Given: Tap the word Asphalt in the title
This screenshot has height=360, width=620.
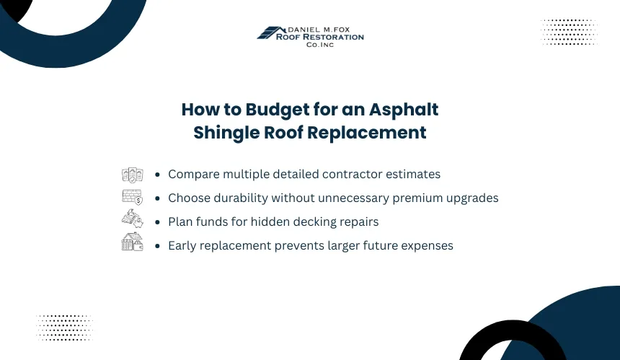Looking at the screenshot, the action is pos(404,110).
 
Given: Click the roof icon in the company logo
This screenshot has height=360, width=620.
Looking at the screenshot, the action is pos(271,32).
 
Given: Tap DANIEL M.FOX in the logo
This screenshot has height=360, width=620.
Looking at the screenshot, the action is pos(319,30).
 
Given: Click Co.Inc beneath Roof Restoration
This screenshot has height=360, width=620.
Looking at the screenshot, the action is pos(320,45).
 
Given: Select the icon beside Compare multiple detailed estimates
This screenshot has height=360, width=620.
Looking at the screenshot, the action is pos(133,175).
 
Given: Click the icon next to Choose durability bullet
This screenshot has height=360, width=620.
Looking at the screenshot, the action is pos(133,197).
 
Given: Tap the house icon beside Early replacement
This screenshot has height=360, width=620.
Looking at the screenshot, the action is pos(133,242).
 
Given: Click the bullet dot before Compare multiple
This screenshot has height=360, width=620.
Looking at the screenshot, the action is pos(157,175).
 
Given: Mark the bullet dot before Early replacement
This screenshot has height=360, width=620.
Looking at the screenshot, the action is pos(157,246).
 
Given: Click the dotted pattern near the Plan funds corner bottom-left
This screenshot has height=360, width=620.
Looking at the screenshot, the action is pos(64,328).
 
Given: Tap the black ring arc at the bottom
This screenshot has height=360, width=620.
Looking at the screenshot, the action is pos(513,329).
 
